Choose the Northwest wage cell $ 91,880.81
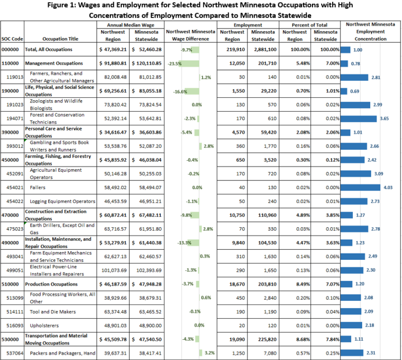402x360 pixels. tap(112, 64)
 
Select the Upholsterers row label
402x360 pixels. tap(44, 325)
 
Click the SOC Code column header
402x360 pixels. tap(13, 39)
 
